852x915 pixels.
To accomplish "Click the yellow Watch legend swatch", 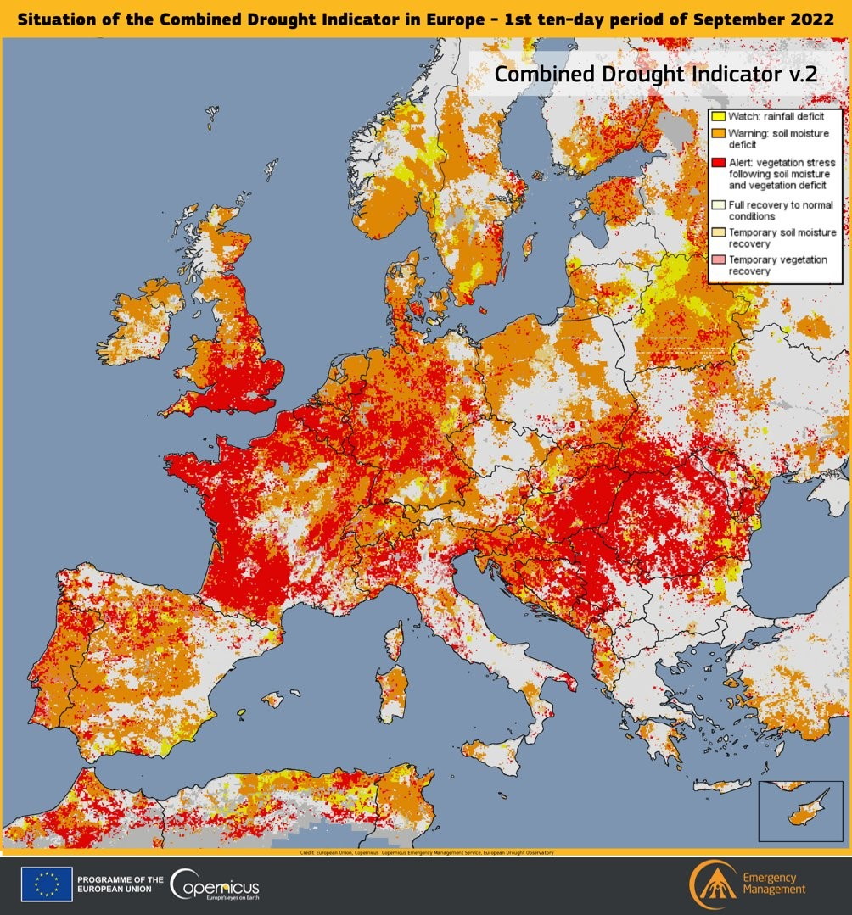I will [718, 115].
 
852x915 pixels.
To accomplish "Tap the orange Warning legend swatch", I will [718, 133].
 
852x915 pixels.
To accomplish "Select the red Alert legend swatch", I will [718, 162].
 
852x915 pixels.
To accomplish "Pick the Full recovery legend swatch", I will [718, 204].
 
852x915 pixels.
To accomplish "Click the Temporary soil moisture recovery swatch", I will [718, 232].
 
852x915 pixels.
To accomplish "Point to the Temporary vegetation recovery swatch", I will [718, 259].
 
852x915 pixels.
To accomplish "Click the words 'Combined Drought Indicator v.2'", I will [655, 74].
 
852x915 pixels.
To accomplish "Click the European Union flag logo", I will [47, 885].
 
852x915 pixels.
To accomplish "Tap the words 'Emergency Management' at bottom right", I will [773, 883].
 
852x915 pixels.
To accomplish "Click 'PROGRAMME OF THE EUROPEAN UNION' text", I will [119, 885].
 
